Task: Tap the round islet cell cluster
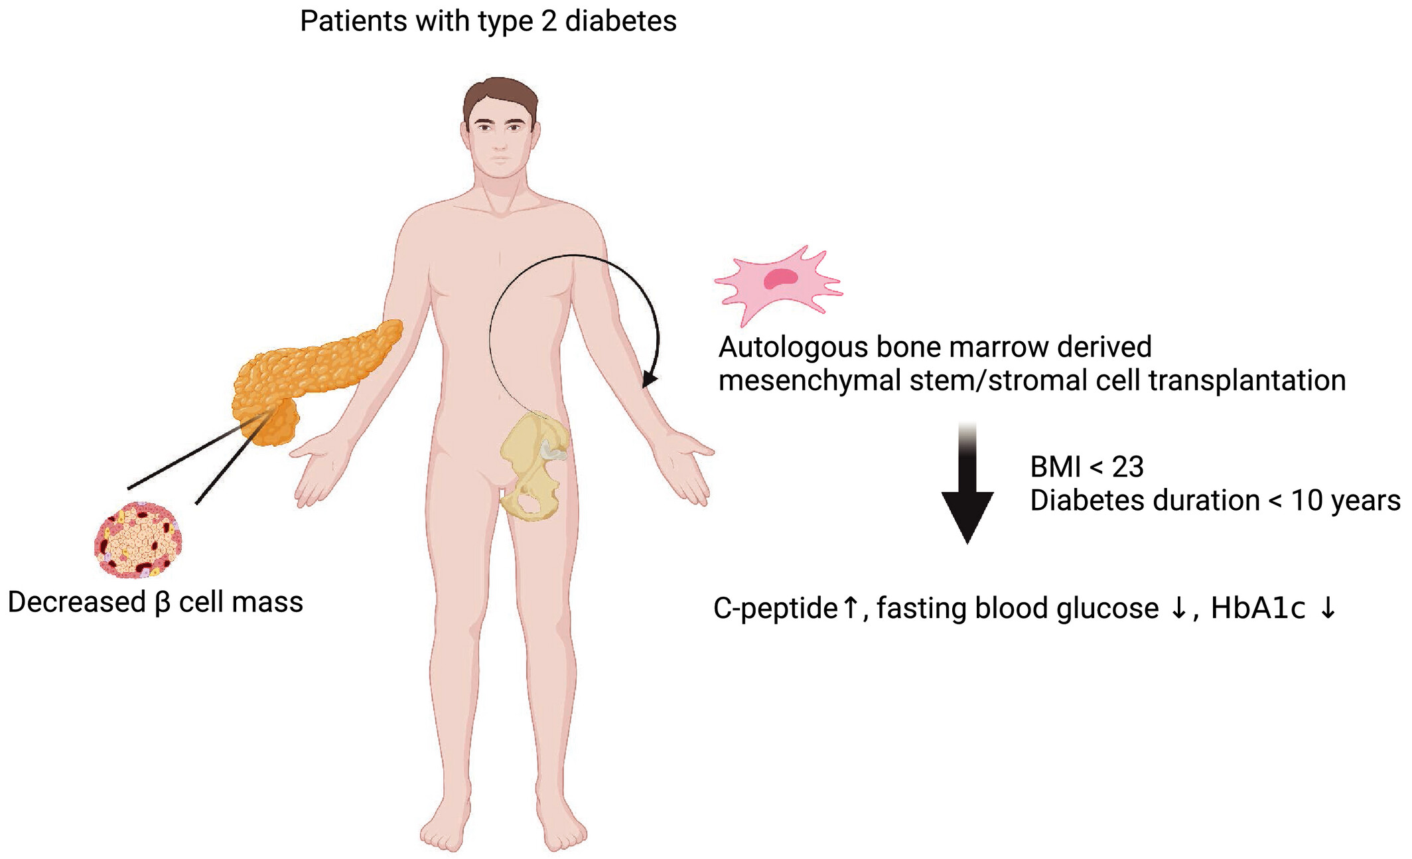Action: pos(138,540)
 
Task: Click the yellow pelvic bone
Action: pos(531,465)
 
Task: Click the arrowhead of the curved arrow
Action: pos(650,379)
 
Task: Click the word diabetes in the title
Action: pos(620,21)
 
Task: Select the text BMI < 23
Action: pos(1087,467)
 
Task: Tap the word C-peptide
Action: pos(775,608)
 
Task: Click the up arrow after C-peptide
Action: pos(851,607)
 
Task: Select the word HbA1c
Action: pos(1258,608)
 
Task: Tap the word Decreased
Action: pos(76,602)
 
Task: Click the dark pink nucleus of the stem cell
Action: pos(780,278)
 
